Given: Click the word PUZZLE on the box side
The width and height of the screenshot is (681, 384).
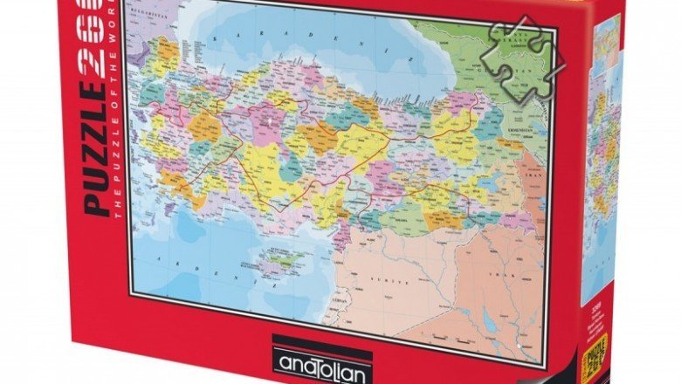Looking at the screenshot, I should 96,153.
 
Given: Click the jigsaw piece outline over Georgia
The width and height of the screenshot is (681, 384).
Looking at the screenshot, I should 522,57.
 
